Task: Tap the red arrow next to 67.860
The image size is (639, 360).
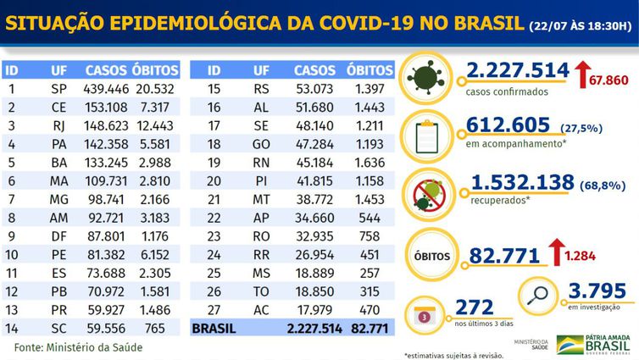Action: click(584, 75)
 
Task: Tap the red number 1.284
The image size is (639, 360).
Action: click(603, 254)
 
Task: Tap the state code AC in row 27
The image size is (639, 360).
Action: click(261, 310)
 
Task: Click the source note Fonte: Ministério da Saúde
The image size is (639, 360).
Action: click(78, 347)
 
